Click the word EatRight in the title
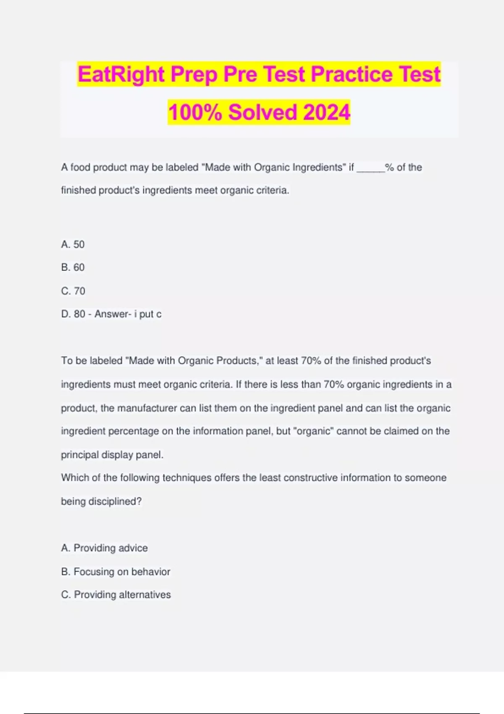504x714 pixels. click(x=121, y=74)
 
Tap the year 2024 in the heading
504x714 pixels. click(x=326, y=112)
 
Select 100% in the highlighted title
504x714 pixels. click(x=195, y=112)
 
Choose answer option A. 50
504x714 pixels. click(x=73, y=244)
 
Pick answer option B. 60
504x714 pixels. click(x=73, y=268)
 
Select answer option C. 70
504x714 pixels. click(x=73, y=291)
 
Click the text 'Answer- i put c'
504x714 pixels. click(x=128, y=314)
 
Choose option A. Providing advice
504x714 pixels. click(x=104, y=548)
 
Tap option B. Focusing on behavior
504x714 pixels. click(x=115, y=572)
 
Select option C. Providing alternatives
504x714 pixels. click(x=116, y=595)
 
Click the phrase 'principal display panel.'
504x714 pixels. click(x=112, y=455)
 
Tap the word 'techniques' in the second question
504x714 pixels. click(x=187, y=478)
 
